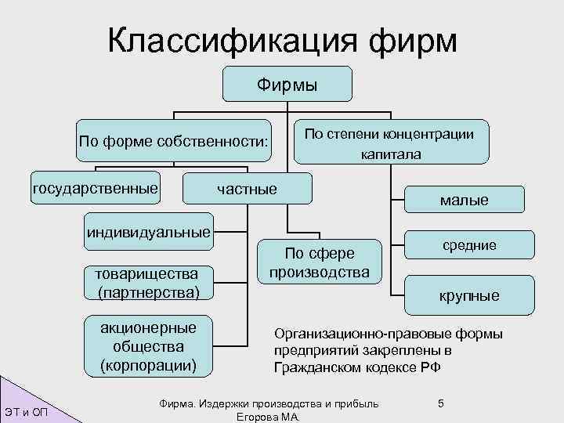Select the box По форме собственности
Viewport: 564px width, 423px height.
point(173,142)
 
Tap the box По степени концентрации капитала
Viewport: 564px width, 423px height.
point(390,143)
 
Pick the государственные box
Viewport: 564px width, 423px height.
point(95,188)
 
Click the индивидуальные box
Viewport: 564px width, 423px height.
point(149,232)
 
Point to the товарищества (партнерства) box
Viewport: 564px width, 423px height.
point(149,282)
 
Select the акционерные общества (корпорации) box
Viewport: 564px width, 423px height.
point(149,345)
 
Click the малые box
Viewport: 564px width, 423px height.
point(464,201)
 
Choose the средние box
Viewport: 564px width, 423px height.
point(469,245)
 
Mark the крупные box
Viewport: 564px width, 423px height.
point(468,295)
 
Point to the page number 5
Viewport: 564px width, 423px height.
point(441,403)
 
